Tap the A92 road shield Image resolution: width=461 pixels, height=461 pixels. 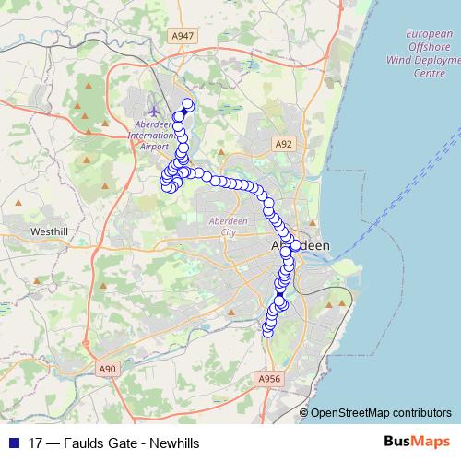coord(284,144)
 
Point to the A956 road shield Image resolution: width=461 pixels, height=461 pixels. coord(268,379)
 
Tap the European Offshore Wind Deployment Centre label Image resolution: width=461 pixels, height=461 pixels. coord(430,53)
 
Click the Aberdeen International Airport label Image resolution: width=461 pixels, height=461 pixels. coord(151,135)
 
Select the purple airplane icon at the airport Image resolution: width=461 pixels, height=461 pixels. coord(153,112)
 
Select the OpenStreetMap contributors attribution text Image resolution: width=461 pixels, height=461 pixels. coord(381,412)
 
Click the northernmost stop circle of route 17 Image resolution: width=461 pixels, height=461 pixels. coord(187,104)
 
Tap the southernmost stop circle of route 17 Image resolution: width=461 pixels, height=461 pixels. coord(268,332)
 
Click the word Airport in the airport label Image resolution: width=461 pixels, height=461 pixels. coord(155,146)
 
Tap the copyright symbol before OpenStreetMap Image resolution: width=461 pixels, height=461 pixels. coord(304,412)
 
